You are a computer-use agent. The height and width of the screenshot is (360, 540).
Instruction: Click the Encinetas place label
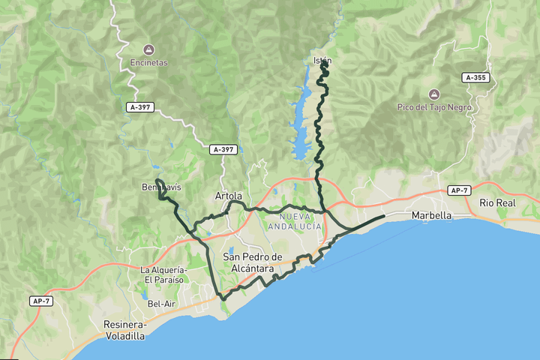(x=148, y=63)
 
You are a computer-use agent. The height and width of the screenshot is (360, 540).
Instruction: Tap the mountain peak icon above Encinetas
(x=148, y=50)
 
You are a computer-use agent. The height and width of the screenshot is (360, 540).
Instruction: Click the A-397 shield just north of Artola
(x=223, y=149)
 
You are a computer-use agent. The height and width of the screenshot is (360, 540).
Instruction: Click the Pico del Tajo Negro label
(x=434, y=106)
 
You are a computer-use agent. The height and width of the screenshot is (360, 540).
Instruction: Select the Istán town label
(x=321, y=60)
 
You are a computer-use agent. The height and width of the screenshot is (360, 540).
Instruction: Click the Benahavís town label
(x=160, y=187)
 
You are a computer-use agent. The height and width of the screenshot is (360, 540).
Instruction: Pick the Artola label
(x=229, y=196)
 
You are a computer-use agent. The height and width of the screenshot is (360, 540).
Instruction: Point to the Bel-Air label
(x=161, y=304)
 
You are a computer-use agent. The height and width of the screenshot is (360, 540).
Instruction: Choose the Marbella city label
(x=431, y=215)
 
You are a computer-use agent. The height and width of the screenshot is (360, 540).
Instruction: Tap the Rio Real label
(x=497, y=203)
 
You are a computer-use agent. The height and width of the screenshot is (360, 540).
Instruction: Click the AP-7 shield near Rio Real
(x=459, y=190)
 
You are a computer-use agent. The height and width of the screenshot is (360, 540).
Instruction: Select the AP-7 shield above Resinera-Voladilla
(x=42, y=301)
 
